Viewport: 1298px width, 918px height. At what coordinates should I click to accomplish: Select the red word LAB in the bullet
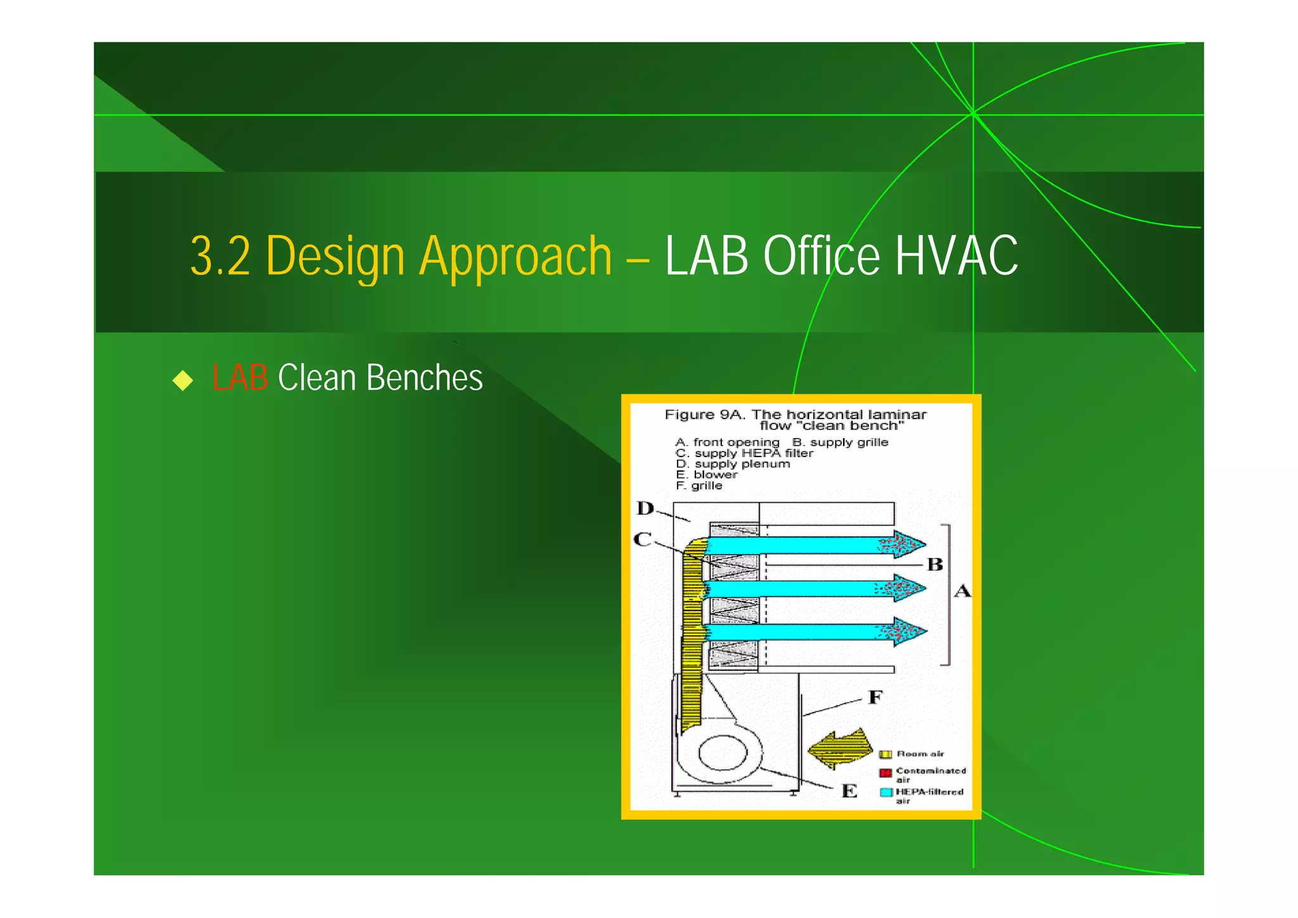tap(240, 378)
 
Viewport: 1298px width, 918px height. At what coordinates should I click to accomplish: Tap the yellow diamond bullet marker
tap(183, 380)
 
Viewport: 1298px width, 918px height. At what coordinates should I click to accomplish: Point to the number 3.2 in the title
tap(220, 256)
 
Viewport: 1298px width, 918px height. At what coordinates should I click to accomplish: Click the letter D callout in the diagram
tap(645, 508)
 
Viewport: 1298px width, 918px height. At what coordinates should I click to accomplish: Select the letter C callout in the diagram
tap(642, 540)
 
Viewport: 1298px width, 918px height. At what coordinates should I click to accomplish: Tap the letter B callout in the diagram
tap(935, 564)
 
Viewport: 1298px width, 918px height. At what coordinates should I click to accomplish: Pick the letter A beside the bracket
tap(962, 592)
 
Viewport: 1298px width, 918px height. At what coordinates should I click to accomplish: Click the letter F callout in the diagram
tap(875, 697)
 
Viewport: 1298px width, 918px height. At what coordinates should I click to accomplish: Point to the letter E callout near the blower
tap(849, 791)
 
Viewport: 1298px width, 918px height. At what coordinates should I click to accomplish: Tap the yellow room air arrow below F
tap(840, 749)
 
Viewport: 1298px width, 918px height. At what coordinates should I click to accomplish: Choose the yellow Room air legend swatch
tap(885, 754)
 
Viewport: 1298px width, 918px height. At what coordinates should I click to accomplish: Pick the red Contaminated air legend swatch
tap(885, 773)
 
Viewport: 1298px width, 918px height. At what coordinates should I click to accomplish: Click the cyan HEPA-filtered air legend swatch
tap(886, 792)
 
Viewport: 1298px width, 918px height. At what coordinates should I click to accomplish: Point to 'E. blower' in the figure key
tap(707, 475)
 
